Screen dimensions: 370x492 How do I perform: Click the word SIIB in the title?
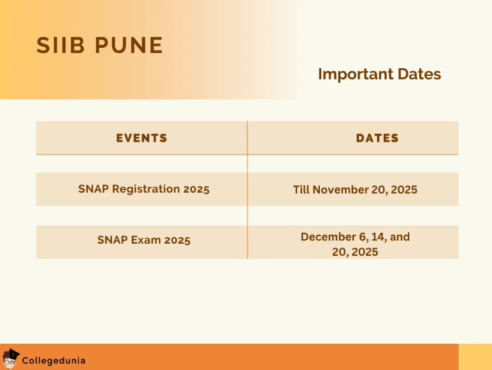(61, 45)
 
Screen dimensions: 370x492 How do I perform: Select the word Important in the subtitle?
(356, 74)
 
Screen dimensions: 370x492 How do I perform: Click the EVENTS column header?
(141, 138)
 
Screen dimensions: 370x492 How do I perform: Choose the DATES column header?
(377, 138)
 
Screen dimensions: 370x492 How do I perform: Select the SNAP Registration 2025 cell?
(143, 189)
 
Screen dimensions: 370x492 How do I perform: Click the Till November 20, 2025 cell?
(355, 189)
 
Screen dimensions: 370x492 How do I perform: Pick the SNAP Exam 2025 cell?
(143, 241)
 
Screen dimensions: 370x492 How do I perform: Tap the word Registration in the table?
(146, 189)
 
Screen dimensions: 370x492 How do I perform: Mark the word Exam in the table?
(146, 241)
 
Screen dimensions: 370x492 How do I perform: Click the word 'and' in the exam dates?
(400, 237)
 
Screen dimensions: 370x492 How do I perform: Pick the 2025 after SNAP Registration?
(196, 189)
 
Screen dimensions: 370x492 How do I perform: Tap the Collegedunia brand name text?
(54, 360)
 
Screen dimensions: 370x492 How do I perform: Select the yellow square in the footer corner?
(475, 357)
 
